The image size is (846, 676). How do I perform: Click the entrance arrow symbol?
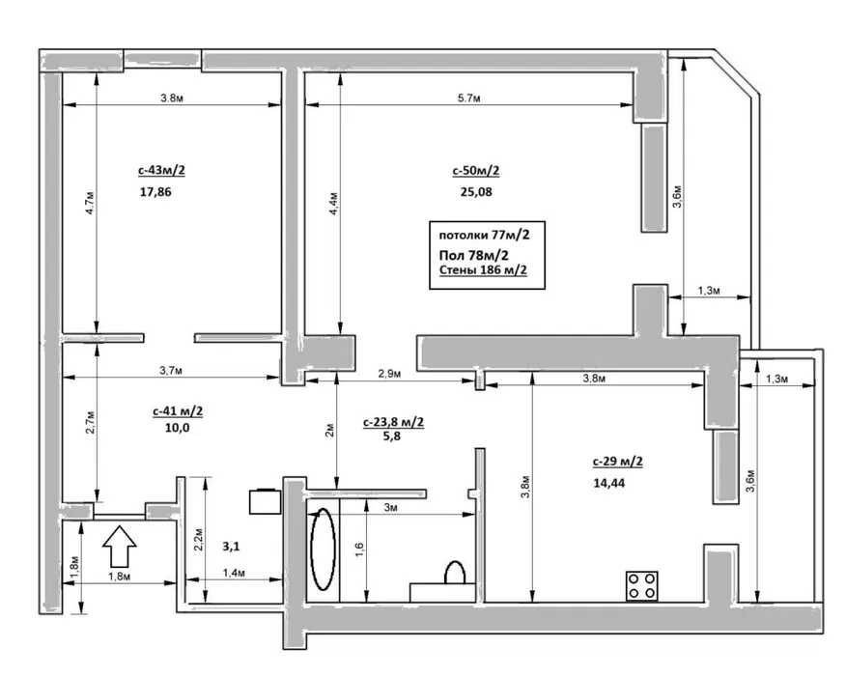click(x=119, y=546)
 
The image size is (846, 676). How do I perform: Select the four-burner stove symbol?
click(x=642, y=586)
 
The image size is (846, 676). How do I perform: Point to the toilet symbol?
click(x=454, y=573)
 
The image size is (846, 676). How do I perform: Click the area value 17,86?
click(x=155, y=191)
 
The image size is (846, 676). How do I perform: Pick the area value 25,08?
click(x=476, y=191)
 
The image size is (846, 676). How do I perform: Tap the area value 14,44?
click(x=609, y=483)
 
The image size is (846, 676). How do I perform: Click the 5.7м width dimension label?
click(x=468, y=99)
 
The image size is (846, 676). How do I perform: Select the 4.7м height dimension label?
click(x=90, y=203)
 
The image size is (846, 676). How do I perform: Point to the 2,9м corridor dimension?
click(x=389, y=374)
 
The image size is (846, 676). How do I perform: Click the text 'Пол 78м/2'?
click(x=474, y=255)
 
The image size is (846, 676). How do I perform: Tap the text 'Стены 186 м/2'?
click(x=483, y=269)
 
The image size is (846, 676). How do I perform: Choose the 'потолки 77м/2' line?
click(x=484, y=236)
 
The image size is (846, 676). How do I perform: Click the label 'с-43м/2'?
click(x=162, y=171)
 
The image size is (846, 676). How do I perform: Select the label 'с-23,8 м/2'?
click(x=393, y=422)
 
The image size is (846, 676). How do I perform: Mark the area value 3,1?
click(x=231, y=547)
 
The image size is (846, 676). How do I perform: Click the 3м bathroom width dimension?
click(x=390, y=508)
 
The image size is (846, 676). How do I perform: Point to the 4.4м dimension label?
click(x=334, y=204)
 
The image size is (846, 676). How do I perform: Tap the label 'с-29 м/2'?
click(x=618, y=462)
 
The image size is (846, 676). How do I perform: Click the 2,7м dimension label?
click(x=90, y=422)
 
